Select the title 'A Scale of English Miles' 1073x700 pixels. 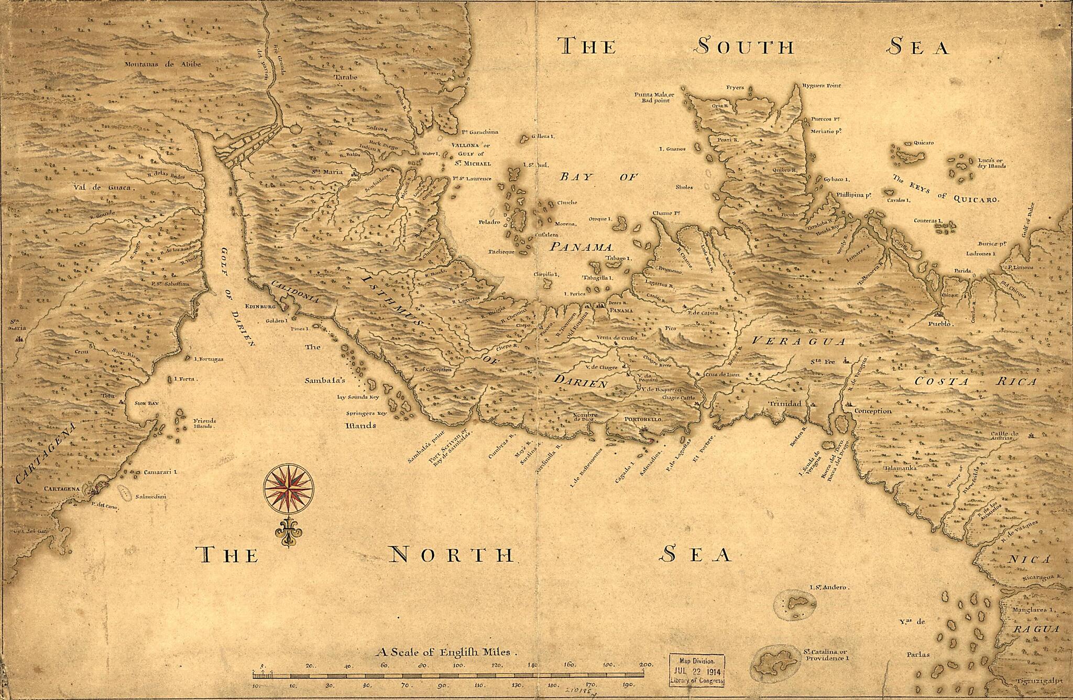[446, 653]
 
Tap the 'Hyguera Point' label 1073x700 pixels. [818, 85]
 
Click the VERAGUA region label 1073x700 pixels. [798, 341]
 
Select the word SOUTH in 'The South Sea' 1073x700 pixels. [744, 47]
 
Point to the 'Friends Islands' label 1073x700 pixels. [204, 423]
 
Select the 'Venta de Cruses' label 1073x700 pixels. [617, 338]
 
